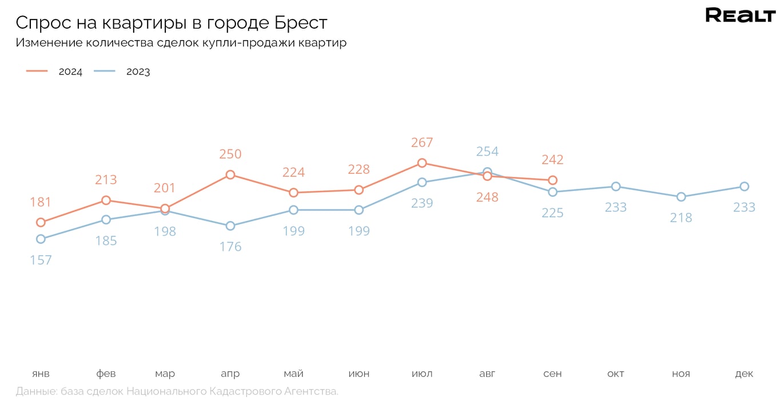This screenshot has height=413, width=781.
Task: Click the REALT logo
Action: coord(740,15)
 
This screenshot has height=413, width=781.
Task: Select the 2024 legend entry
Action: coord(55,72)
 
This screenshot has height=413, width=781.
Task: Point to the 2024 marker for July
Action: coord(422,163)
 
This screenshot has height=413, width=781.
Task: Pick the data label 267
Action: coord(422,142)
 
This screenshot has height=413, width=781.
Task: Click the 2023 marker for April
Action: coord(230,226)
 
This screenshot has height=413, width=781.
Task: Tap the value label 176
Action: coord(230,247)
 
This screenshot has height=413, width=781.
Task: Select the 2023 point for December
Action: coord(744,186)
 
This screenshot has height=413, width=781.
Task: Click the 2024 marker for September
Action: coord(552,180)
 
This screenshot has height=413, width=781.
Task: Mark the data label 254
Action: coord(487,152)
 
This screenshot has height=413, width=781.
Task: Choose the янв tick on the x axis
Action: coord(41,374)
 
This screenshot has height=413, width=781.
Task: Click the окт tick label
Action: coord(616,374)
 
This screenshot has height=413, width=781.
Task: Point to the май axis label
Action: coord(293,374)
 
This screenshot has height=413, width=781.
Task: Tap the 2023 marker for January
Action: coord(41,239)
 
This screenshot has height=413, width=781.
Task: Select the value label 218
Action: coord(681,218)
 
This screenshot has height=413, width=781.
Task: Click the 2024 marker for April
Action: coord(230,174)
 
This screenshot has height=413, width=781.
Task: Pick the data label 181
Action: coord(41,202)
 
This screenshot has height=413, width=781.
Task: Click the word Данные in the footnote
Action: coord(37,392)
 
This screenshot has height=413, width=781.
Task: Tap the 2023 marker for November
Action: coord(681,197)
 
